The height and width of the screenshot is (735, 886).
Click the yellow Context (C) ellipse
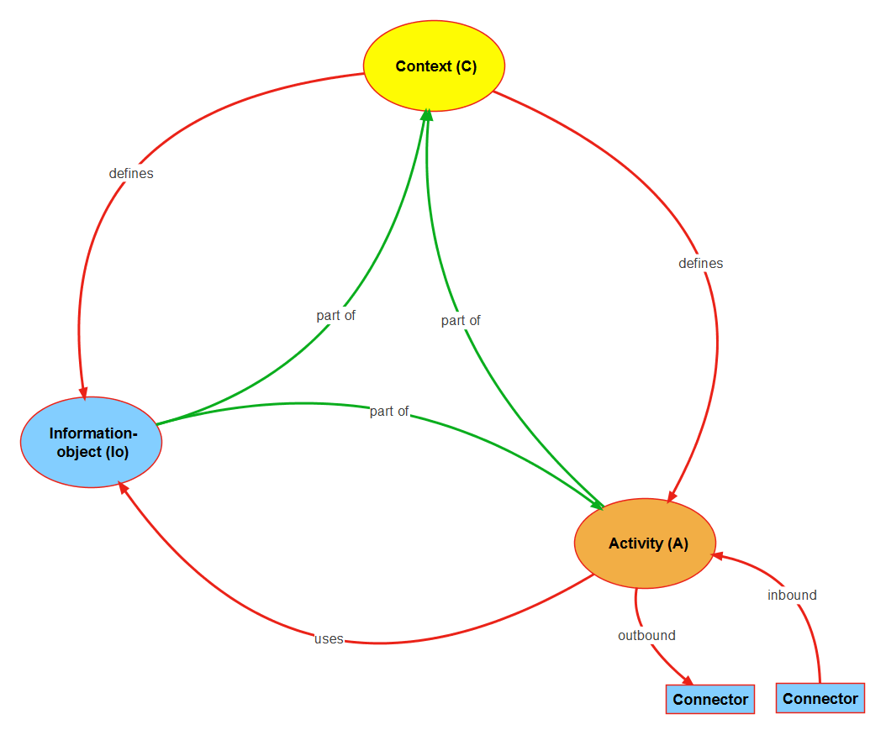click(x=434, y=66)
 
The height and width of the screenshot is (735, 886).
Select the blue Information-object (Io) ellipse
click(x=92, y=442)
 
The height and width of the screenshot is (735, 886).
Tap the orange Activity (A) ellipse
click(x=645, y=543)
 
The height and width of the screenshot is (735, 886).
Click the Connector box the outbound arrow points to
click(x=710, y=699)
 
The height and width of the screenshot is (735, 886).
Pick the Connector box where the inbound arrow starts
click(x=820, y=698)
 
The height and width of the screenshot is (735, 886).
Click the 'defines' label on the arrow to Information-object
click(x=131, y=174)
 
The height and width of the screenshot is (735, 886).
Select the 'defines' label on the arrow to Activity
click(x=700, y=263)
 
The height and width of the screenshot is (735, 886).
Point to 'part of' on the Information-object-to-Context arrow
click(x=336, y=315)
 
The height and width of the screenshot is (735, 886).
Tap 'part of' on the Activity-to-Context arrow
click(x=461, y=320)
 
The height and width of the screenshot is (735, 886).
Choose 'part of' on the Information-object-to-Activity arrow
click(x=389, y=411)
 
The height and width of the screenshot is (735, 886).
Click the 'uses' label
click(x=329, y=638)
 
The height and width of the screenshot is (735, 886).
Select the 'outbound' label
click(x=646, y=635)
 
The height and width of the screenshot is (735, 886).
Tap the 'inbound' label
click(x=792, y=595)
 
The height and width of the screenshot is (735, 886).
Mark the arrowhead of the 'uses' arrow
click(x=123, y=487)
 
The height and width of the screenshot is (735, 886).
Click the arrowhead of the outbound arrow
click(x=688, y=680)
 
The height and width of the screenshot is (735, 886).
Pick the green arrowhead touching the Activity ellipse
click(x=599, y=504)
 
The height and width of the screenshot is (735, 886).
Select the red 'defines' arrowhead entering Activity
click(x=671, y=497)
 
